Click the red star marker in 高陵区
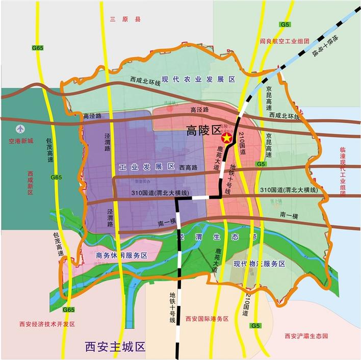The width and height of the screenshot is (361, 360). (226, 138)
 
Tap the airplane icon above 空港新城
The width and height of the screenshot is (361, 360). (20, 130)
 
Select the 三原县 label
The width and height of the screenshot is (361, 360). (125, 19)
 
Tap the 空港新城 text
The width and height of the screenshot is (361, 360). (17, 141)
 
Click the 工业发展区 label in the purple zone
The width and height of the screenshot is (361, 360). (147, 167)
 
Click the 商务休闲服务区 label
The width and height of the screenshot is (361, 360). (121, 255)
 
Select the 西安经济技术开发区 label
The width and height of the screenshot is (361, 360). (47, 324)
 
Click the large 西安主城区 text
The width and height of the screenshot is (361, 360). (115, 347)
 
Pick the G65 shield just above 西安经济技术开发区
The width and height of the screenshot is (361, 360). (68, 310)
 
